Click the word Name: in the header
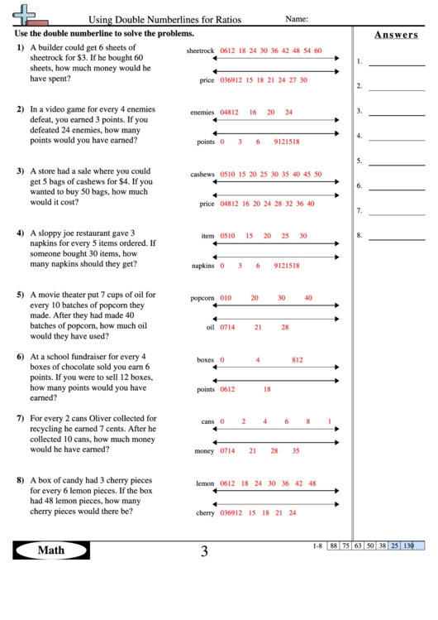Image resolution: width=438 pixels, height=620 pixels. (297, 18)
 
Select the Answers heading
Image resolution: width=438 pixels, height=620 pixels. (395, 35)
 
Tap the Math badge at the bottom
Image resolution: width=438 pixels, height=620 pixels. (51, 550)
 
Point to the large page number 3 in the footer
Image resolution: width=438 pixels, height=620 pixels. (204, 551)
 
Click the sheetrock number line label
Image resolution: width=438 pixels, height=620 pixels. (201, 51)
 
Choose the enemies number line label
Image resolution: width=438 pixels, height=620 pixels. (202, 113)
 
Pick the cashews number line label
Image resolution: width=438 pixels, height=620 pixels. (202, 175)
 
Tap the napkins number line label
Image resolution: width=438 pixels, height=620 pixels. (203, 266)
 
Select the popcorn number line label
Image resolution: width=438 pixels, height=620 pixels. (202, 298)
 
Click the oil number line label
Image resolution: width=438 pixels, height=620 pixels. (210, 328)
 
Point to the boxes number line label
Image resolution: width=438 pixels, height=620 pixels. (206, 360)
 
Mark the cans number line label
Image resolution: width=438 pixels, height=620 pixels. (208, 422)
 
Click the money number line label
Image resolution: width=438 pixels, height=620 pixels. (204, 452)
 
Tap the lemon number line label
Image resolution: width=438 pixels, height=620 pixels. (205, 483)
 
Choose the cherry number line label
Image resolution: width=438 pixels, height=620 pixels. (205, 513)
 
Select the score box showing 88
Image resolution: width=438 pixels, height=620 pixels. (334, 546)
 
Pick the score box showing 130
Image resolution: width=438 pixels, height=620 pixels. (408, 546)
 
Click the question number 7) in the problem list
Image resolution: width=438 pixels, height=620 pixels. (21, 419)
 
